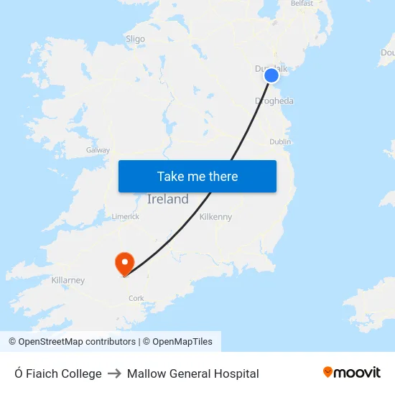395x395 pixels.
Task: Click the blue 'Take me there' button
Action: pos(197,177)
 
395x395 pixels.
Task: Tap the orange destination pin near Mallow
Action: pos(125,262)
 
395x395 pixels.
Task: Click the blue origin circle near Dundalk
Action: pos(271,75)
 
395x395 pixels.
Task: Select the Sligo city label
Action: pos(135,39)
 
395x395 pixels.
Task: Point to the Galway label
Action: pos(98,150)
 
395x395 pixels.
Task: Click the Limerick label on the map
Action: pos(125,216)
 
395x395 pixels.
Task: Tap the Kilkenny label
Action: pos(215,216)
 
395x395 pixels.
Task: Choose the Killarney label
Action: pos(68,280)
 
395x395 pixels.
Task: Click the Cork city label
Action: pos(136,298)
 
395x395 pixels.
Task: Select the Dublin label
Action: pos(280,142)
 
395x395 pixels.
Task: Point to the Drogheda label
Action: pos(274,101)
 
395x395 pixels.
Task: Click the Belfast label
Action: pos(302,4)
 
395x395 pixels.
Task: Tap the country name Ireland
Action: pos(168,200)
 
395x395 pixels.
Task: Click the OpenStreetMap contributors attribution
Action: pos(72,342)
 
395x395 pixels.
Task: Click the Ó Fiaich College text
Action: pos(58,373)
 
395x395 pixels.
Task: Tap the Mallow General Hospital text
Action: pos(192,373)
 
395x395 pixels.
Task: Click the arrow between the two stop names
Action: pos(114,373)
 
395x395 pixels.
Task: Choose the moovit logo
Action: pos(352,373)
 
